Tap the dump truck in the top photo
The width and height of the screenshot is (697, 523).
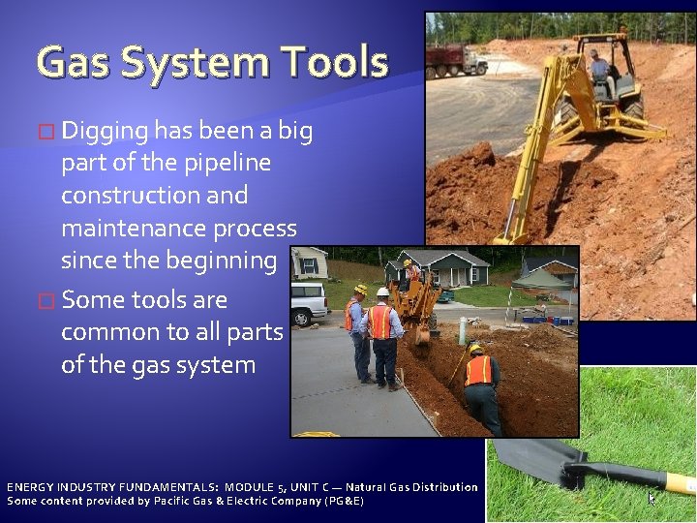[456, 60]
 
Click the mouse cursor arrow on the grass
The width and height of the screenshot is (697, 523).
[652, 498]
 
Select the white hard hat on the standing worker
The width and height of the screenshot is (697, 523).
[382, 291]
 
